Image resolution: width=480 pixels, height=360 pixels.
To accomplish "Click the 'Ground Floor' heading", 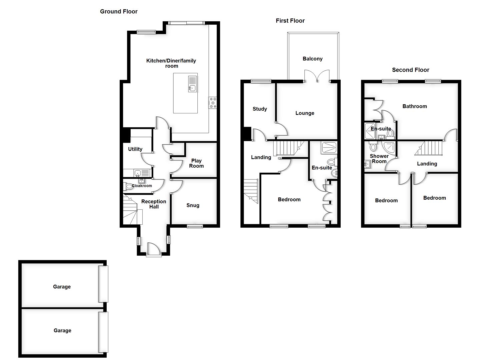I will point(119,12).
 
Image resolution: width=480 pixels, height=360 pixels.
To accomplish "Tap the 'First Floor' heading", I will point(290,21).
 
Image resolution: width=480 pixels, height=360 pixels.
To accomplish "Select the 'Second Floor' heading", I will point(410,70).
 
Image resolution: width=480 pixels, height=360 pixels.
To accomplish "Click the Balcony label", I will point(312,59).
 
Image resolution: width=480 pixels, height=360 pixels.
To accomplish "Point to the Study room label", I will point(260,109).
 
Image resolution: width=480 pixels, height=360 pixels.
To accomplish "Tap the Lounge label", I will point(305,113).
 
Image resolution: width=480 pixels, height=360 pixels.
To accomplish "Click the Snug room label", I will point(193,205).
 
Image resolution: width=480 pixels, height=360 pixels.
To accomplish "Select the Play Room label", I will point(196,163).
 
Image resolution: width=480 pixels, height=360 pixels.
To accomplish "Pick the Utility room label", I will point(135,149).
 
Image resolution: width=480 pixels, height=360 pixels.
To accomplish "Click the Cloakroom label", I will point(142,186).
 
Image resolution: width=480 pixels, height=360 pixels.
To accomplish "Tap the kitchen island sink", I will point(192,88).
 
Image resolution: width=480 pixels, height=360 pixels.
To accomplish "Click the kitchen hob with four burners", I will point(212,102).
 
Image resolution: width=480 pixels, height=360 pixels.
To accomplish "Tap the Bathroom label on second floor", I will point(414,106).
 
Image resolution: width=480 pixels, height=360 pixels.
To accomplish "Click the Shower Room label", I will point(379,159).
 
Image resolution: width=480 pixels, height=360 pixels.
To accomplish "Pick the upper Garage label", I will point(62,287).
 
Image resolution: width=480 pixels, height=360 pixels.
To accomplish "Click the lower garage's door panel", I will point(103,332).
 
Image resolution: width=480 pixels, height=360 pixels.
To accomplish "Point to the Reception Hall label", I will point(154,204).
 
